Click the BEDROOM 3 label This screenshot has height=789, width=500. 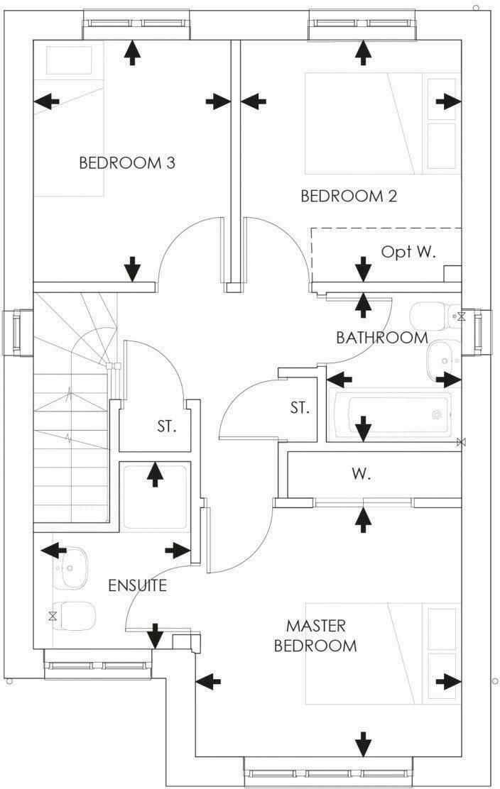pyautogui.click(x=127, y=162)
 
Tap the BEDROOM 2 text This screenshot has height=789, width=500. pyautogui.click(x=349, y=196)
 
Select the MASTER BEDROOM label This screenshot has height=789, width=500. pyautogui.click(x=315, y=636)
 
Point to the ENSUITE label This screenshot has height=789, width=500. pyautogui.click(x=138, y=585)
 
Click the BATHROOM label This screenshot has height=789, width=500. pyautogui.click(x=382, y=338)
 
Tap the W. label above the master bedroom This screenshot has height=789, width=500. pyautogui.click(x=362, y=475)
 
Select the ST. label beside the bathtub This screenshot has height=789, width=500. pyautogui.click(x=300, y=408)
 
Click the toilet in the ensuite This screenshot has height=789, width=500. pyautogui.click(x=75, y=614)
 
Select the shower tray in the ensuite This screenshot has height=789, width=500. pyautogui.click(x=154, y=496)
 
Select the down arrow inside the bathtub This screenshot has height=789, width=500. pyautogui.click(x=363, y=427)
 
